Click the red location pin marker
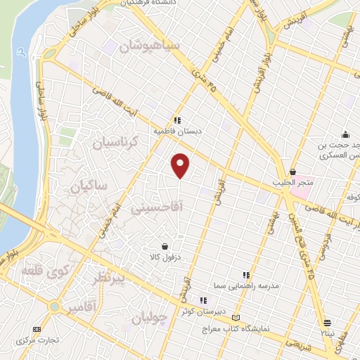[181, 166]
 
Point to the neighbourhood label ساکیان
[88, 186]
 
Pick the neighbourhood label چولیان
[150, 318]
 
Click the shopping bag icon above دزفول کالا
[165, 247]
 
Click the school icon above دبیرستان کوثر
[203, 300]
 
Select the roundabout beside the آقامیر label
[54, 307]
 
